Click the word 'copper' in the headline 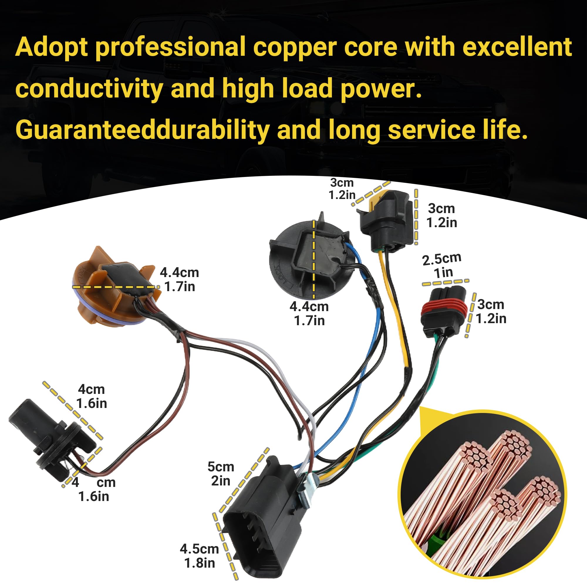click(x=325, y=47)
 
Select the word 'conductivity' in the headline click(x=89, y=88)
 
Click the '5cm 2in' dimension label click(x=221, y=474)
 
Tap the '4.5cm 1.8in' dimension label click(x=199, y=556)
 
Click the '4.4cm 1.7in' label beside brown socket click(x=180, y=279)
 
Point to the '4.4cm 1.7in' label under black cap click(x=309, y=313)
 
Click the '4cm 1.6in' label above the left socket click(x=92, y=396)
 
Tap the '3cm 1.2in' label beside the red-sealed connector click(x=491, y=311)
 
